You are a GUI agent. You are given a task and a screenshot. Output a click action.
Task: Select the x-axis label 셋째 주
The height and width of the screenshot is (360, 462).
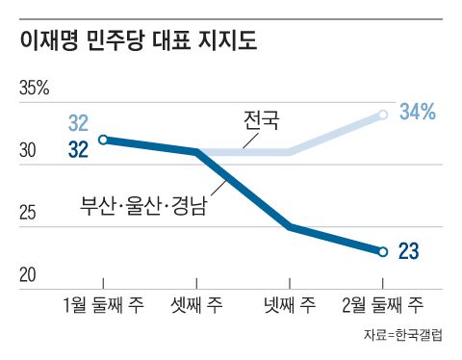pyautogui.click(x=197, y=306)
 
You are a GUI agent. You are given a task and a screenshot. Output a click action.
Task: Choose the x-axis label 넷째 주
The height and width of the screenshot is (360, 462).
pyautogui.click(x=291, y=306)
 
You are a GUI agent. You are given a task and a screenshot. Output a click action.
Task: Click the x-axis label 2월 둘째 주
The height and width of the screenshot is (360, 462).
pyautogui.click(x=382, y=306)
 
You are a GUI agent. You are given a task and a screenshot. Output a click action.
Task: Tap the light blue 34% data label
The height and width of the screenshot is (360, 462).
pyautogui.click(x=418, y=112)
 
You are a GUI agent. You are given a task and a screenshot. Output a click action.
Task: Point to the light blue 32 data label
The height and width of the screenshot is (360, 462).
pyautogui.click(x=78, y=123)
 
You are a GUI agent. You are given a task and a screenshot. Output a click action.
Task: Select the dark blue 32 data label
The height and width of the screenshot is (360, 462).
pyautogui.click(x=78, y=149)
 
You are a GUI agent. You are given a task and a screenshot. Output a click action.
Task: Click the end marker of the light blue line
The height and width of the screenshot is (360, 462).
pyautogui.click(x=383, y=115)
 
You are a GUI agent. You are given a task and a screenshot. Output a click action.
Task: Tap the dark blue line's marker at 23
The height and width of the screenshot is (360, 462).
pyautogui.click(x=382, y=252)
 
